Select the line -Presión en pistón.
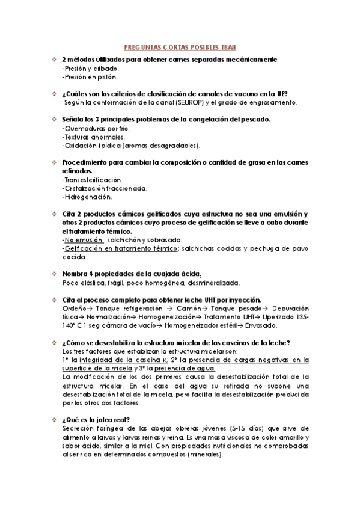point(90,76)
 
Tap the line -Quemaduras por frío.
point(96,128)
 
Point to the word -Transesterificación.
point(92,179)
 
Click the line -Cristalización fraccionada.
point(104,188)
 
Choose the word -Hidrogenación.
point(87,196)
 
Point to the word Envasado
point(261,325)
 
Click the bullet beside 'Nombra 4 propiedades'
point(53,274)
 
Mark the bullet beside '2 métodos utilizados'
point(53,60)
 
